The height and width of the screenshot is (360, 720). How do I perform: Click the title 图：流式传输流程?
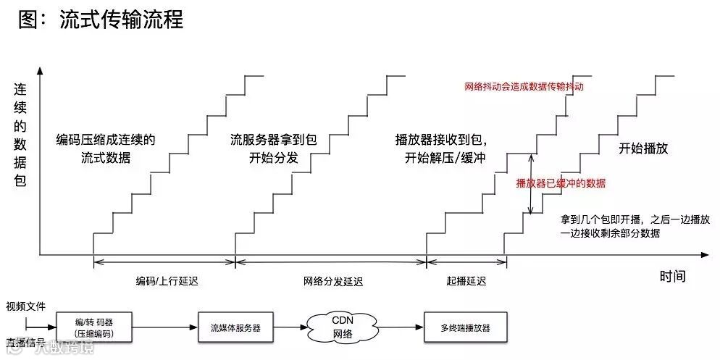pyautogui.click(x=101, y=20)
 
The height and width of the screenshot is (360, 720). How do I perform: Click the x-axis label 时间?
pyautogui.click(x=672, y=277)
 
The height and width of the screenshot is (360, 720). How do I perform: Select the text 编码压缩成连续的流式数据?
pyautogui.click(x=106, y=148)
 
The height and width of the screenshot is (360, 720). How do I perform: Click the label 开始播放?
pyautogui.click(x=642, y=148)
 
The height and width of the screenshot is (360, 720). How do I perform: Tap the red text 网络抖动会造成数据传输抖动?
pyautogui.click(x=524, y=86)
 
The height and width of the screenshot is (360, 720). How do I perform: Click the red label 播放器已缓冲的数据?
pyautogui.click(x=561, y=183)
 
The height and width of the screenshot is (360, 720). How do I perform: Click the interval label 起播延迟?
pyautogui.click(x=466, y=281)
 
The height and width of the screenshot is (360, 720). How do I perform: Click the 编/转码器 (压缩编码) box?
pyautogui.click(x=94, y=327)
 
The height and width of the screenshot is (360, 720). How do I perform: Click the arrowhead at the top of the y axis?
pyautogui.click(x=39, y=71)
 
